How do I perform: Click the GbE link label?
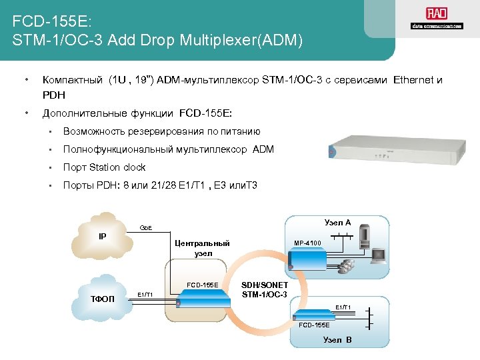pyautogui.click(x=146, y=228)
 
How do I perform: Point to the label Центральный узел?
pyautogui.click(x=203, y=248)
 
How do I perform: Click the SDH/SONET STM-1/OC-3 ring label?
pyautogui.click(x=265, y=289)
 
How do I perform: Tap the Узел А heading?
pyautogui.click(x=337, y=222)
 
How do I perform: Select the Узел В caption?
pyautogui.click(x=337, y=340)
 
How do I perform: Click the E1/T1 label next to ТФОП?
pyautogui.click(x=145, y=294)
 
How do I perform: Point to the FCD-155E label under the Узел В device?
pyautogui.click(x=314, y=325)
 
